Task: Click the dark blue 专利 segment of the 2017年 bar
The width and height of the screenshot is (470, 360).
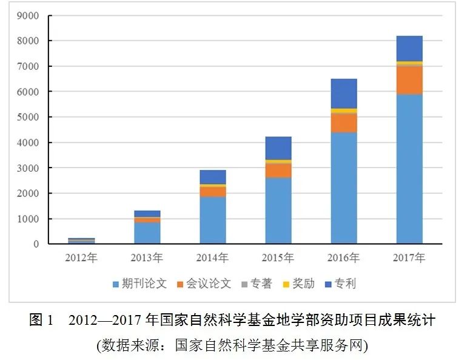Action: coord(409,49)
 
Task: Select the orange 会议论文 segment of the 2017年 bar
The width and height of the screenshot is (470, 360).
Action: coord(409,80)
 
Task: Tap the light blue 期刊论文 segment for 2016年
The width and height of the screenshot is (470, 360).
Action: coord(344,188)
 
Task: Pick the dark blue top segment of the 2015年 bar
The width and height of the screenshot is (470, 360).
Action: coord(278,148)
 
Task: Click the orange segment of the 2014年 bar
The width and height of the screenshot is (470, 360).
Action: coord(213,191)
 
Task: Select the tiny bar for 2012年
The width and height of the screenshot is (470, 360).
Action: coord(81,241)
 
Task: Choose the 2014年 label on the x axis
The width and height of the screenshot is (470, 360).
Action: coord(213,258)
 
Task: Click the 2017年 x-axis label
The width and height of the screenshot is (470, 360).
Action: coord(409,258)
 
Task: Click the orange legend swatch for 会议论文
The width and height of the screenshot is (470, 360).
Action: coord(180,284)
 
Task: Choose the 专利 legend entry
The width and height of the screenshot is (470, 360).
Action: coord(344,284)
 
